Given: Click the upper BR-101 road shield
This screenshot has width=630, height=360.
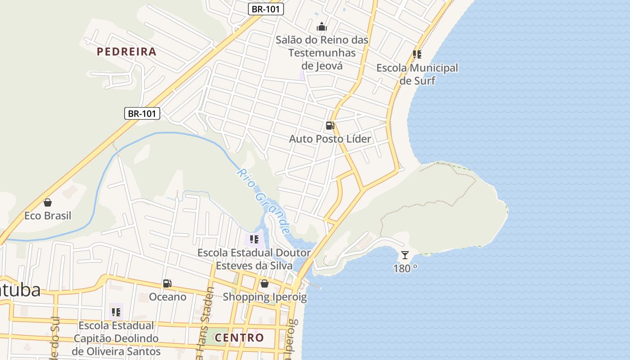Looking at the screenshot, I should click(x=265, y=9).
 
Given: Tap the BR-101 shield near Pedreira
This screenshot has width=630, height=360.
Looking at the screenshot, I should click(x=142, y=113).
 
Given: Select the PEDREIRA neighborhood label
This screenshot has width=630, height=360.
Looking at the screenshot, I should click(x=127, y=52).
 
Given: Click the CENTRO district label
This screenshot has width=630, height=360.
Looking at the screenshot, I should click(x=239, y=337).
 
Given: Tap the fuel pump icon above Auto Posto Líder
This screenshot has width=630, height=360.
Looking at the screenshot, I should click(x=330, y=126).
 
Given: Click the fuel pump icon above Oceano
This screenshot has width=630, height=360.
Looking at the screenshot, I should click(x=167, y=283).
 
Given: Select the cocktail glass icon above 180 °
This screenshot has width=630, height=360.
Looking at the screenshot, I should click(x=405, y=255).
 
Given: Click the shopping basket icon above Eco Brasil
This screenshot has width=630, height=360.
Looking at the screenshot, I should click(x=48, y=202).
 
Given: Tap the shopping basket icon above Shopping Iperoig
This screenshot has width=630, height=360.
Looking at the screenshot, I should click(x=265, y=283).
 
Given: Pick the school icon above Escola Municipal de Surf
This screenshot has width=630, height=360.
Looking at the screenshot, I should click(x=417, y=54).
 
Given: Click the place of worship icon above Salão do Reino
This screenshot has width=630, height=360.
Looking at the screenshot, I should click(x=322, y=27).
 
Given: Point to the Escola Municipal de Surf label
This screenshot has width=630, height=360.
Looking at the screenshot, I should click(x=417, y=74).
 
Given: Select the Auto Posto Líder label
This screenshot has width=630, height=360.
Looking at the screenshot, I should click(x=330, y=139).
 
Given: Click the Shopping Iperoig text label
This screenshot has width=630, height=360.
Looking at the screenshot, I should click(x=265, y=297).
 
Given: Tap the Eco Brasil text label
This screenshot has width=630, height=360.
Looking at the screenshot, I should click(x=48, y=216).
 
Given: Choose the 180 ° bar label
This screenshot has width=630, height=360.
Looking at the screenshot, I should click(x=405, y=269).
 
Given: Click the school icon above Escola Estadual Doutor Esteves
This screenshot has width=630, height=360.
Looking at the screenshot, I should click(x=254, y=239).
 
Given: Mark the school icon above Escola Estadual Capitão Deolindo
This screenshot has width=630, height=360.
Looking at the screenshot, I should click(x=116, y=311).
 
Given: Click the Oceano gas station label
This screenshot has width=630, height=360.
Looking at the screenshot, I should click(x=167, y=297).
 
